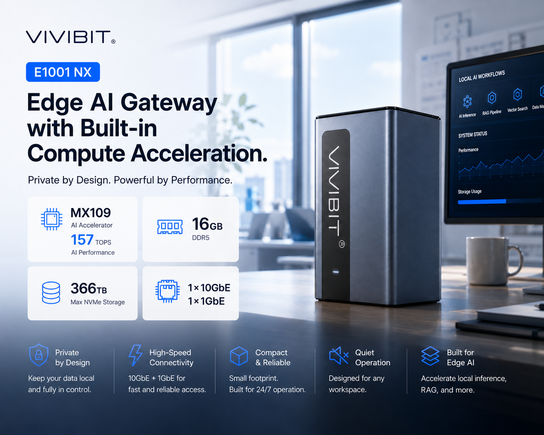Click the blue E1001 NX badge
coord(63,72)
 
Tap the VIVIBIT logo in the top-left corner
coord(71,37)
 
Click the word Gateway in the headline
coord(169,103)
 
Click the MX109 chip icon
coord(52,219)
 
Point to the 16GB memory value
coord(207,224)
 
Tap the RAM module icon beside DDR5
coord(170,226)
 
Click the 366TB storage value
coord(89,288)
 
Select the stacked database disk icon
coord(51,293)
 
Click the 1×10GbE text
coord(209,288)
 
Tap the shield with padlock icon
coord(39,355)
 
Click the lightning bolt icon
coord(135,355)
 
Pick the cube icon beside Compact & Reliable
coord(239,356)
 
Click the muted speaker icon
coord(339,356)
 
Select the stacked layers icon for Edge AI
coord(430,356)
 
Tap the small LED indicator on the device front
coord(336,272)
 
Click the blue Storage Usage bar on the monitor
coord(482,202)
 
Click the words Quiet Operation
coord(372,357)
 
